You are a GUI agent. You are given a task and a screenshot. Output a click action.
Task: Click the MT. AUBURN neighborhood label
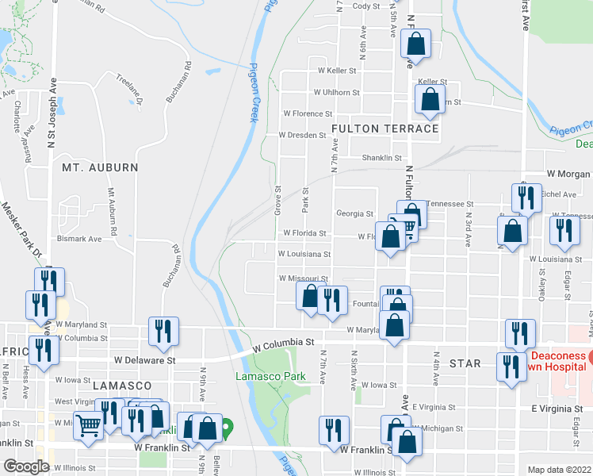pos(100,168)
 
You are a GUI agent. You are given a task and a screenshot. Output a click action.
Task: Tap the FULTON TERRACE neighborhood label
pos(385,129)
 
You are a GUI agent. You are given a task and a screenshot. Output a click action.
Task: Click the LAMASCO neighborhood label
pos(121,385)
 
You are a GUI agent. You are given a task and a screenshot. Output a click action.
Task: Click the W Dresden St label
pos(302,135)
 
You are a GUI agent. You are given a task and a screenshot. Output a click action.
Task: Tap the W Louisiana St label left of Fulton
pos(304,254)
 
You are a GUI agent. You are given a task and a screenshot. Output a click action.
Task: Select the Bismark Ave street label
pos(79,238)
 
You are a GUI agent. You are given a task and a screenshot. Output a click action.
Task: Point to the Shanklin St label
pos(383,158)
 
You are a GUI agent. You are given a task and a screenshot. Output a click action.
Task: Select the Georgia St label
pos(354,213)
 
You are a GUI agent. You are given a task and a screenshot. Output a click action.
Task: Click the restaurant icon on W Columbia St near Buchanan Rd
pos(163,331)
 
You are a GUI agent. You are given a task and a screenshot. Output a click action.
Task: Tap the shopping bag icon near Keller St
pos(429,99)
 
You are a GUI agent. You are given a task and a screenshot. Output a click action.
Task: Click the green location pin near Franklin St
pos(227,429)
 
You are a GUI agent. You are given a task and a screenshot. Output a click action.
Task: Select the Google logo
pos(26,466)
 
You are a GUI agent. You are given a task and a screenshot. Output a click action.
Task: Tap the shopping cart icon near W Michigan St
pos(89,424)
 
